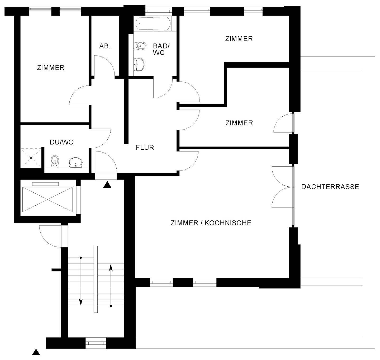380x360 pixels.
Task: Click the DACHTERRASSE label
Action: [330, 187]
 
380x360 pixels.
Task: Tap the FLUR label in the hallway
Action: [145, 147]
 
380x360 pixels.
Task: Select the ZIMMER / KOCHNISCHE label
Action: [211, 223]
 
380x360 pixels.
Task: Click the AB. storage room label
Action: [105, 46]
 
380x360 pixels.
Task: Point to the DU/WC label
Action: [61, 142]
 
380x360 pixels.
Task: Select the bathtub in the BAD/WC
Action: [153, 24]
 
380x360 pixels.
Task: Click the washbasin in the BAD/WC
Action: [139, 64]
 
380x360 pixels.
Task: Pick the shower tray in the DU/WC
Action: [31, 158]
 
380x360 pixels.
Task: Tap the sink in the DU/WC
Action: [75, 163]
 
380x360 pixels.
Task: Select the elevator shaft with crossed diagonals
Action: [48, 199]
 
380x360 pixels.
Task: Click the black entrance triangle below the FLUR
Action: [107, 185]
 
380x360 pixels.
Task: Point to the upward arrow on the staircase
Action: [111, 268]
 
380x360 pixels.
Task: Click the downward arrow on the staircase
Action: [81, 302]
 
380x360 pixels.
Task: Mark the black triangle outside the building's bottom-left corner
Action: [36, 352]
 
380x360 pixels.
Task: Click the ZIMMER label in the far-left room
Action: [51, 68]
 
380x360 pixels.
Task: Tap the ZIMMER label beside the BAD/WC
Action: [239, 39]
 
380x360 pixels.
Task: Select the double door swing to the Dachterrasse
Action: [282, 187]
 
